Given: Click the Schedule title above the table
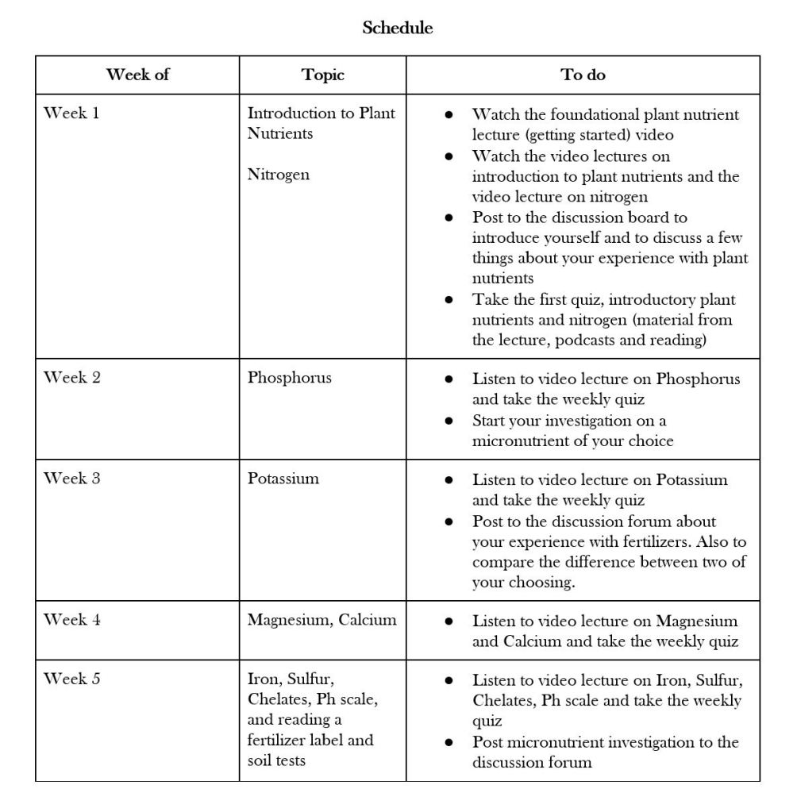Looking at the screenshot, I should click(398, 28).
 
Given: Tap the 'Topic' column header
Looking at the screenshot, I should click(323, 75).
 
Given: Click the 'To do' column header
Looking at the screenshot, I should click(583, 75).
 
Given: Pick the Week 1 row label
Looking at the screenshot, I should click(71, 113).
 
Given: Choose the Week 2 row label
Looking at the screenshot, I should click(71, 378).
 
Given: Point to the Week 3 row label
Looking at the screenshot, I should click(71, 479).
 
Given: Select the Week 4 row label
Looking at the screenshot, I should click(71, 620).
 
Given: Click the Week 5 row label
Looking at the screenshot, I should click(71, 679).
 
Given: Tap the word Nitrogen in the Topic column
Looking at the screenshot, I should click(279, 175).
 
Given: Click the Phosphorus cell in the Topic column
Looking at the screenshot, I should click(290, 378).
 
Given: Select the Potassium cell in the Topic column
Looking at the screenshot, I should click(283, 479).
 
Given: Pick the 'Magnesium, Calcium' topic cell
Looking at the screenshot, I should click(321, 620).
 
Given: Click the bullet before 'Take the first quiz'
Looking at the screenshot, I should click(449, 300).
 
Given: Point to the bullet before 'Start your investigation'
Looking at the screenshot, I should click(449, 421).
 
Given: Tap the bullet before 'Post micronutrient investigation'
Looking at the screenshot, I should click(449, 743).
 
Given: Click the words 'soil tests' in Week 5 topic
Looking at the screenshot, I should click(276, 760).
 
